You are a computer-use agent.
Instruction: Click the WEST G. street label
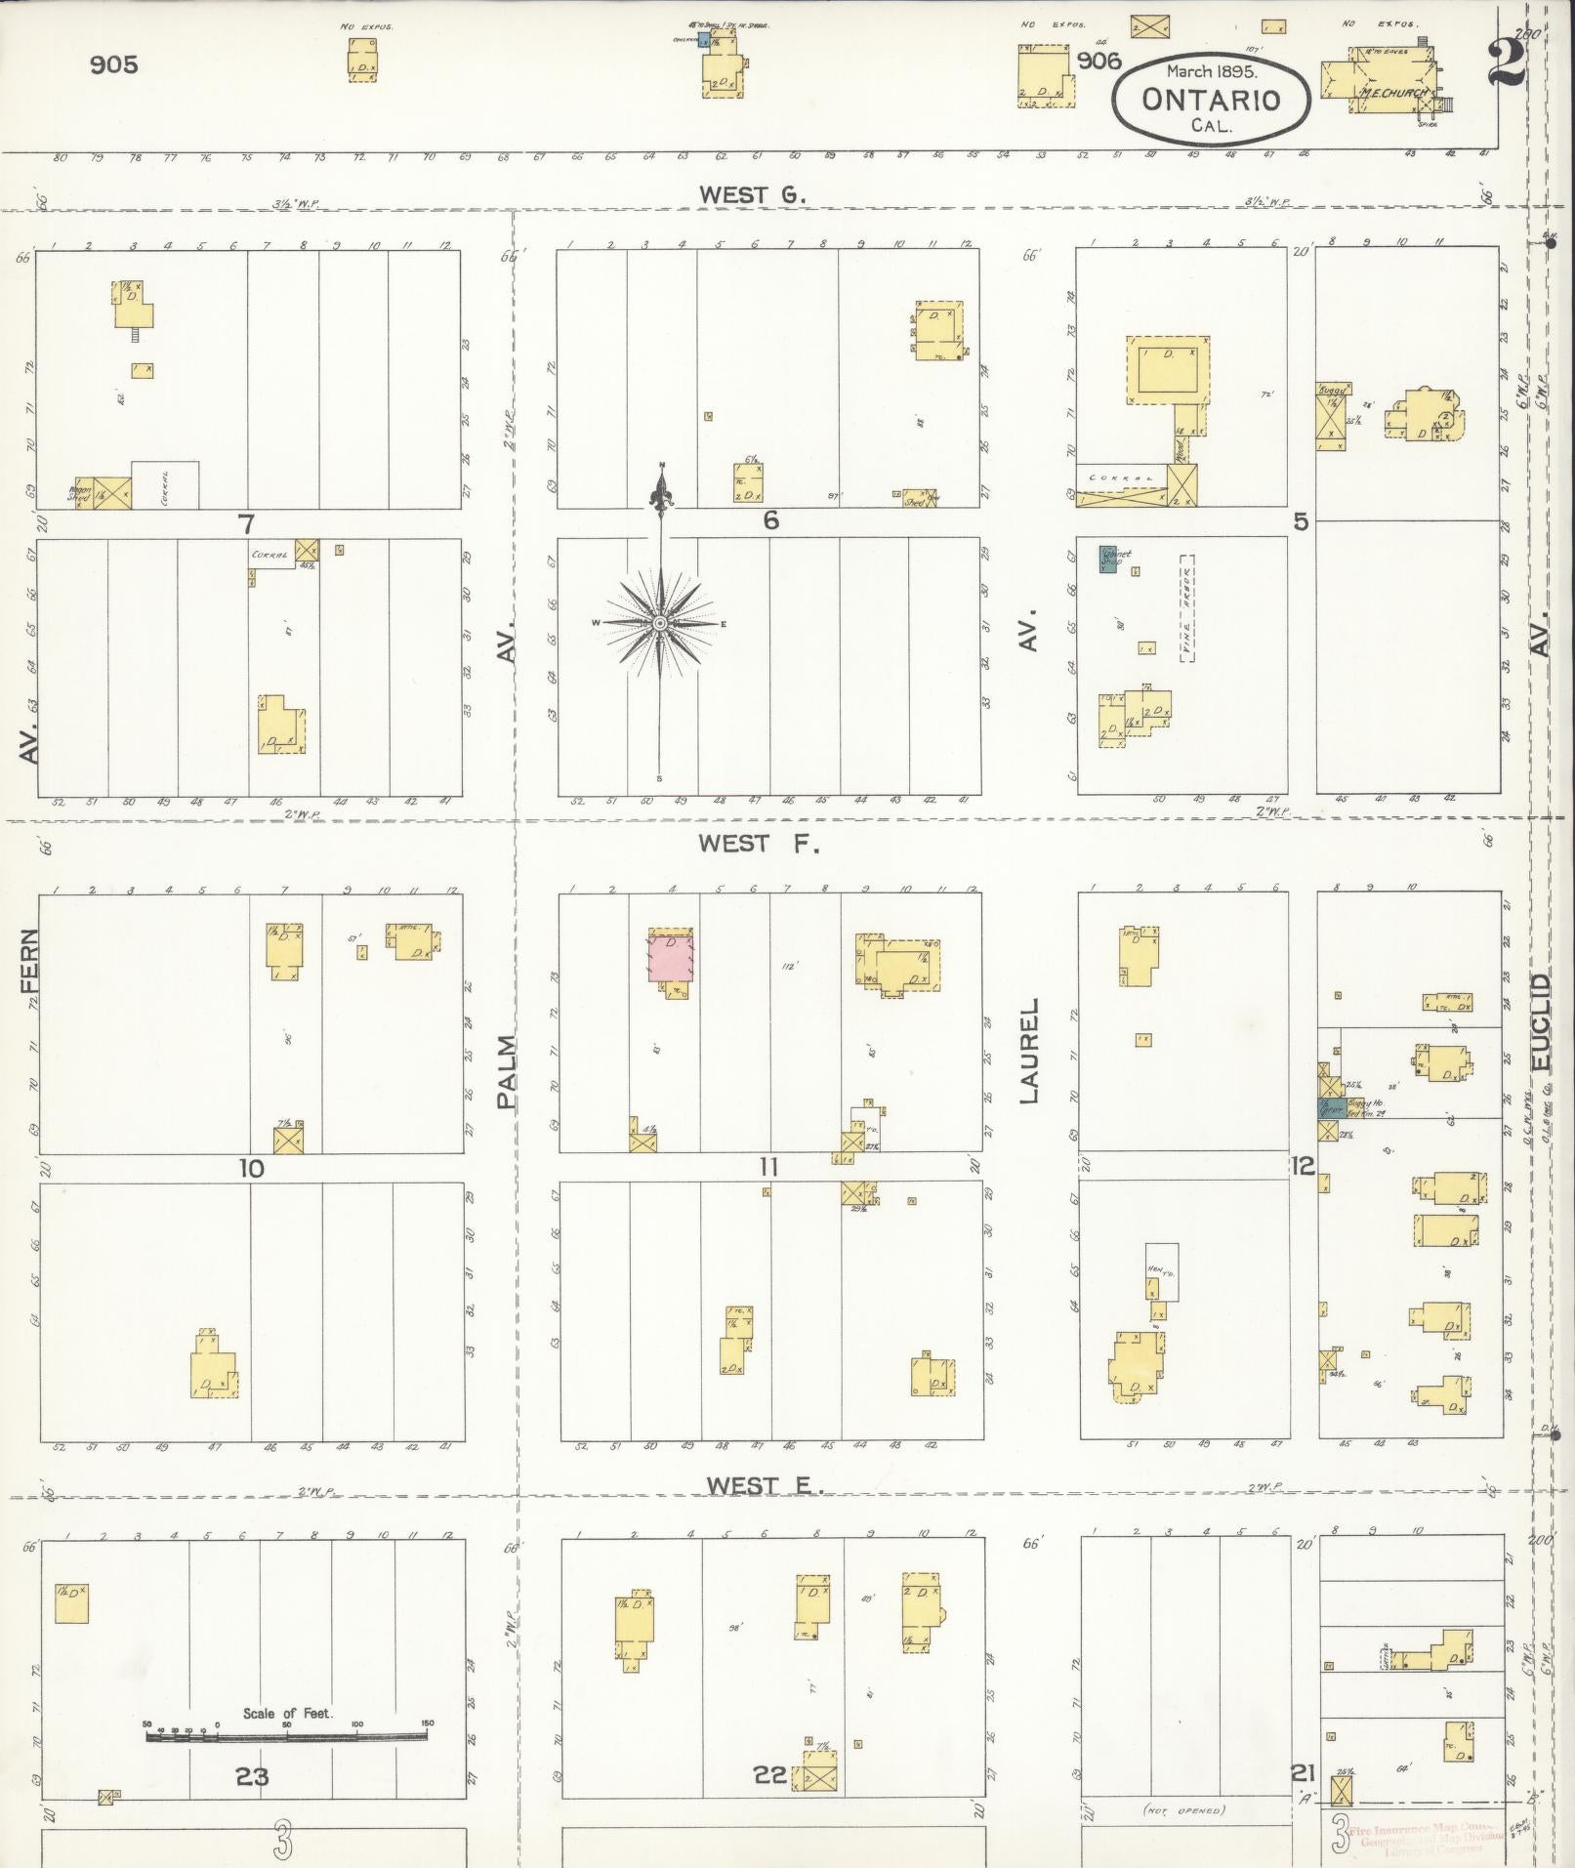[751, 194]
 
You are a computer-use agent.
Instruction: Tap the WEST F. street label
[758, 844]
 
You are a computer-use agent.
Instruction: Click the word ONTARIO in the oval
[1210, 100]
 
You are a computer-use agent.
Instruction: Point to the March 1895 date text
[1212, 71]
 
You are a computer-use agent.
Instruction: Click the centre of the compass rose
[660, 623]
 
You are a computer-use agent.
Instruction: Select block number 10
[251, 1168]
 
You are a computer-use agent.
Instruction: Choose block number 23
[251, 1776]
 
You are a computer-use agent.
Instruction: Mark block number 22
[769, 1774]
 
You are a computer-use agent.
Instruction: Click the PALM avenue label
[506, 1072]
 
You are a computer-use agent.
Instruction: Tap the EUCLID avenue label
[1542, 1020]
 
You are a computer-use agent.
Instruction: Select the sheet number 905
[113, 64]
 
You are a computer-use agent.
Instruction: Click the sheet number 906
[1098, 62]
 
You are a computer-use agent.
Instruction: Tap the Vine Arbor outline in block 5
[1186, 608]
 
